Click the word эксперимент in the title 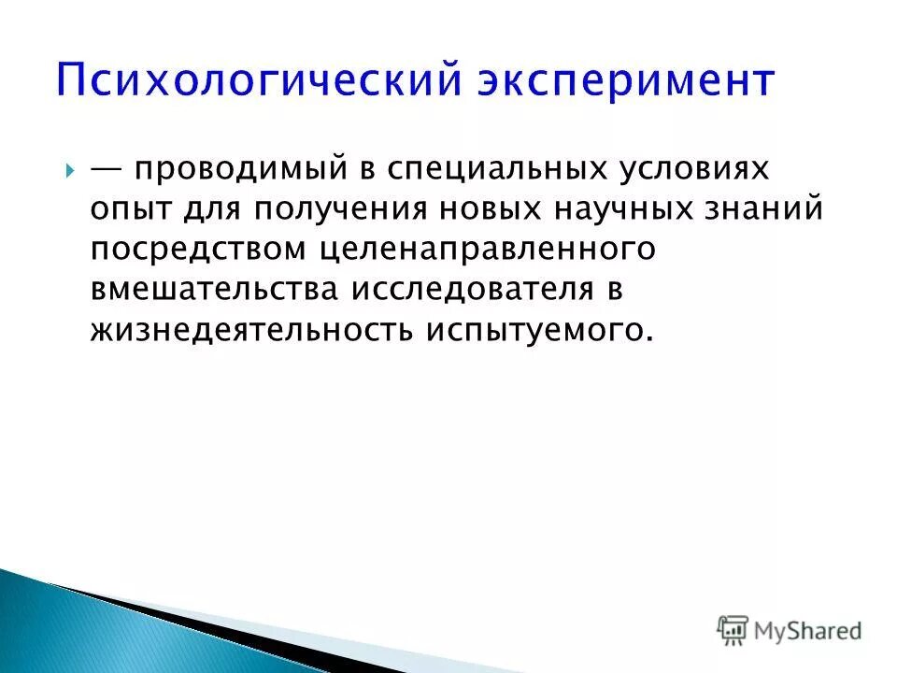tap(626, 81)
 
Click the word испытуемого tap(535, 331)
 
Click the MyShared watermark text tap(809, 631)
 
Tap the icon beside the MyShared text tap(732, 631)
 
